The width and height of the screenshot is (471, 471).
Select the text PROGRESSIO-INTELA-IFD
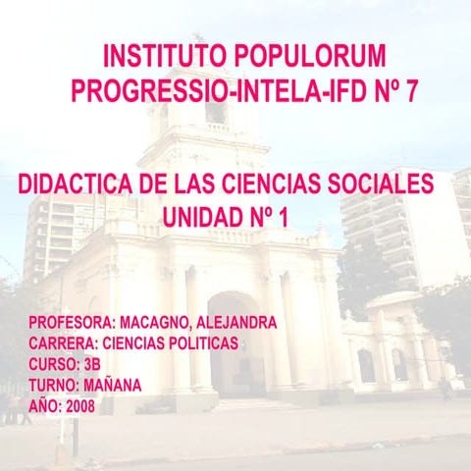[x=207, y=91]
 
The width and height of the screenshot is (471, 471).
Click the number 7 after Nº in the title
[x=410, y=91]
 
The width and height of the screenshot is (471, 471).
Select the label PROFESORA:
[x=71, y=323]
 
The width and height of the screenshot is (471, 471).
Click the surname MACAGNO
[x=160, y=323]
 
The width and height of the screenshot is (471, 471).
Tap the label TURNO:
[x=52, y=385]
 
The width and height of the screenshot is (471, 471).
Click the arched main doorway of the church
[x=235, y=343]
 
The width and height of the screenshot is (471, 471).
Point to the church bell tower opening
[x=214, y=110]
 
